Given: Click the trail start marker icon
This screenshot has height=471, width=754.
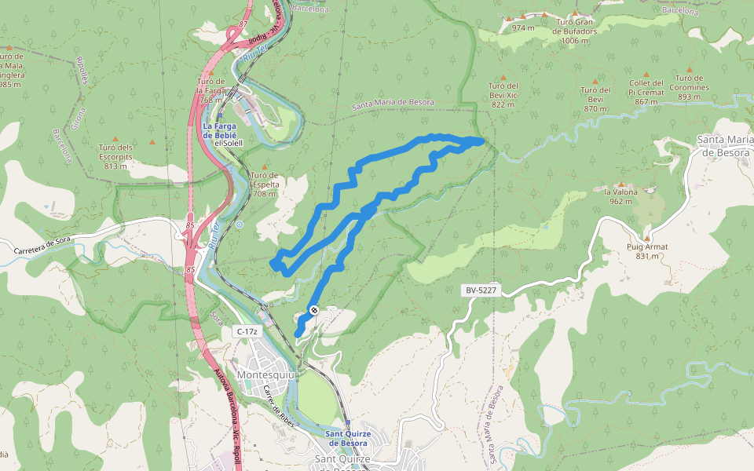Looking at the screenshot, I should (313, 310).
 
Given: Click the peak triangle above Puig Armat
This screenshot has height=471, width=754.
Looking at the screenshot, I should (647, 237).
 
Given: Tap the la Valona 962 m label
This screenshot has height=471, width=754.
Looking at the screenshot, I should (620, 196).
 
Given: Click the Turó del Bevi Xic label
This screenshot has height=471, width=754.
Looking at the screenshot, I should (503, 95).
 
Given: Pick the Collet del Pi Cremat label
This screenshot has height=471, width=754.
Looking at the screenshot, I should (646, 92).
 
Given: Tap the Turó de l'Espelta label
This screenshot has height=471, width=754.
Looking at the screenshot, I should (265, 184).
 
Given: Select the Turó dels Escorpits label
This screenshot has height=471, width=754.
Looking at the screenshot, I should (115, 156).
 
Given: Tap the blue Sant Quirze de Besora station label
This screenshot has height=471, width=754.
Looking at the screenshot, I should (346, 438).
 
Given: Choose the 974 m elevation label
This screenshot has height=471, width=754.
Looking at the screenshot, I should (523, 27).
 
